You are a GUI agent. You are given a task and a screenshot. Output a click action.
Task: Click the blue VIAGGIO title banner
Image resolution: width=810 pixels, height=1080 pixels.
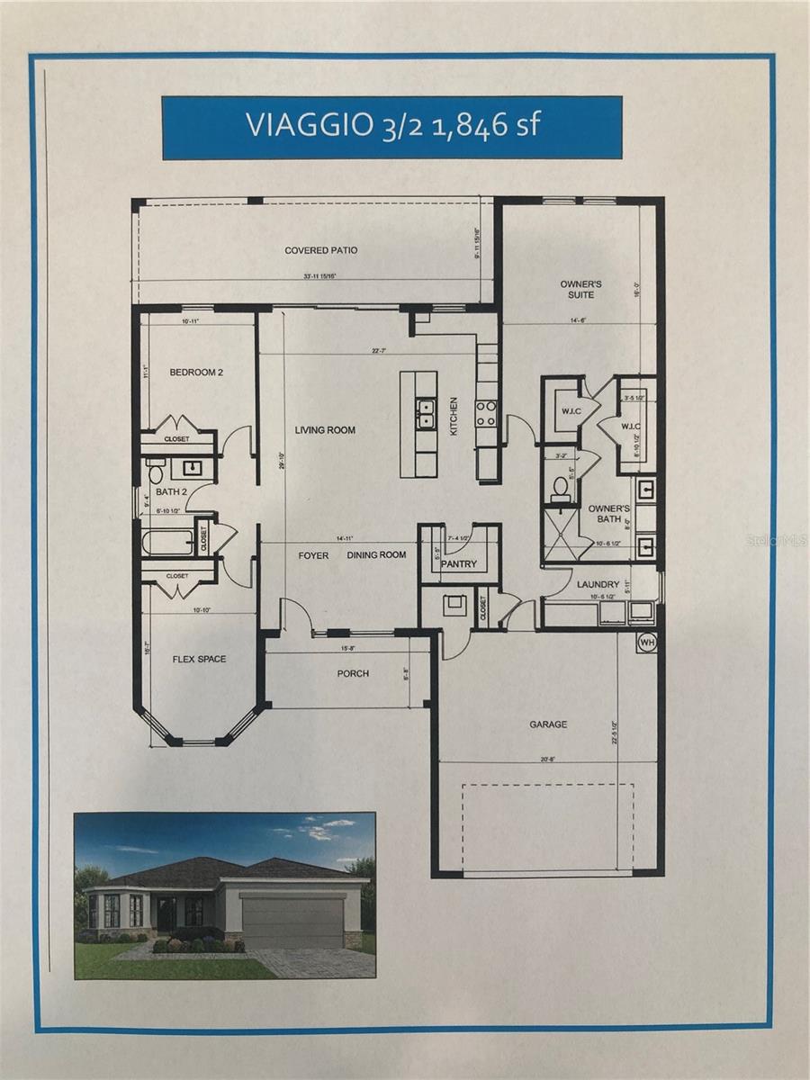pyautogui.click(x=391, y=128)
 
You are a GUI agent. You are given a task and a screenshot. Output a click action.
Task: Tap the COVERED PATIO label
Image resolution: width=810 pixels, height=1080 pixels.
pyautogui.click(x=320, y=250)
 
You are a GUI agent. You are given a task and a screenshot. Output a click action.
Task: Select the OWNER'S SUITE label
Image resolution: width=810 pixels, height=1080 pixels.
pyautogui.click(x=580, y=289)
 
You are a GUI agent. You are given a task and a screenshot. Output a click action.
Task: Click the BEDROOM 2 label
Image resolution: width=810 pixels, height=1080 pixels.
pyautogui.click(x=196, y=372)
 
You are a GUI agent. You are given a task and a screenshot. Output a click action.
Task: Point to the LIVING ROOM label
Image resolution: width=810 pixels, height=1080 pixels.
pyautogui.click(x=325, y=430)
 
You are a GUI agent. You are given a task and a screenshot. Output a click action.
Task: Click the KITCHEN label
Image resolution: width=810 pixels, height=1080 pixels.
pyautogui.click(x=454, y=417)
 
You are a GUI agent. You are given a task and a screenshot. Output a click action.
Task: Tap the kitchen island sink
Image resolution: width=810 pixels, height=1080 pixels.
pyautogui.click(x=424, y=414)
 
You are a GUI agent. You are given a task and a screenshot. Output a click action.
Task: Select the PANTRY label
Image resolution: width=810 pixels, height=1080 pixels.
pyautogui.click(x=458, y=564)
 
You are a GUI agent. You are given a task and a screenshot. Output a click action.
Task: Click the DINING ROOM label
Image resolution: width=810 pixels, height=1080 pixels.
pyautogui.click(x=377, y=555)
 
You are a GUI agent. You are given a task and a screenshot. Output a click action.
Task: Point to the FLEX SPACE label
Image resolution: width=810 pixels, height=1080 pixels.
pyautogui.click(x=199, y=659)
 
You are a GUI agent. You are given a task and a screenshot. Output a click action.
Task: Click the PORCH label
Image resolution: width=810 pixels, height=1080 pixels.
pyautogui.click(x=353, y=673)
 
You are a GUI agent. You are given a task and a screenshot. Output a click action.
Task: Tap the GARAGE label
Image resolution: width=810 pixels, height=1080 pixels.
pyautogui.click(x=548, y=724)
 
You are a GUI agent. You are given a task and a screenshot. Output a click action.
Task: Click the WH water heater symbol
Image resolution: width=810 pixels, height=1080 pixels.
pyautogui.click(x=646, y=643)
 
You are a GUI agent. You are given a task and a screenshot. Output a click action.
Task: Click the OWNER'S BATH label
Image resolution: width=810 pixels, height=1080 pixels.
pyautogui.click(x=608, y=514)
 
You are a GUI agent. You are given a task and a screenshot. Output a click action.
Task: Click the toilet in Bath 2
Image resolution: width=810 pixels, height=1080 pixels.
pyautogui.click(x=154, y=472)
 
